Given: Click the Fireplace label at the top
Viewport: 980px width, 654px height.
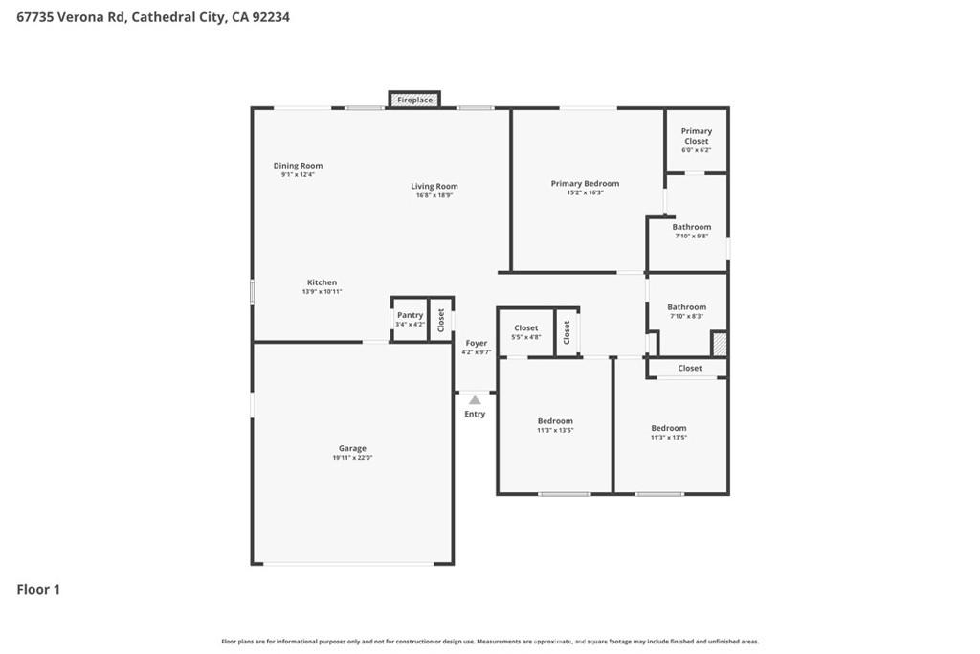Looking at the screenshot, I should click(414, 100).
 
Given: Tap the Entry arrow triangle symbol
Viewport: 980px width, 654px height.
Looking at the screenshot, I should click(475, 400).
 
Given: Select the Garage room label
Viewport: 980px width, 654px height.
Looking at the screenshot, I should click(352, 448).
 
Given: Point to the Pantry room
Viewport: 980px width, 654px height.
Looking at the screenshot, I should click(410, 319).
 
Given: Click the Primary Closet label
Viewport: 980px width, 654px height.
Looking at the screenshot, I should click(697, 136).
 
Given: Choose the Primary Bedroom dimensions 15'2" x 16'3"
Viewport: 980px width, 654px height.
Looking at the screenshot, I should click(585, 192).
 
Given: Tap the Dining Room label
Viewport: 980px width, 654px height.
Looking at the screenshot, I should click(298, 166).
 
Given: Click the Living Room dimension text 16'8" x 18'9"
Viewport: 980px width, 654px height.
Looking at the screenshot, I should click(434, 195).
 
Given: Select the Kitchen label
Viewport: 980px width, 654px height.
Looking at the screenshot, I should click(322, 282).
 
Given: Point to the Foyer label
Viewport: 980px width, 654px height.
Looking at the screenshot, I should click(477, 343).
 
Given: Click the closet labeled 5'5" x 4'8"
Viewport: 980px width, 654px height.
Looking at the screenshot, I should click(526, 332).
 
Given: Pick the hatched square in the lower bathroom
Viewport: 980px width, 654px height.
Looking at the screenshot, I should click(719, 344).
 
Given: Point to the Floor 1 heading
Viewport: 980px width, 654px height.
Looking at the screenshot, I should click(38, 589).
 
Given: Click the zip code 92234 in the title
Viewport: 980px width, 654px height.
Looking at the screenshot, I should click(270, 16).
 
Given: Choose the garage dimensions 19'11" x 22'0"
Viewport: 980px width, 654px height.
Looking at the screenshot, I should click(352, 458).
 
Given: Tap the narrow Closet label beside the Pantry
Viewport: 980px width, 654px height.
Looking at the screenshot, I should click(441, 321).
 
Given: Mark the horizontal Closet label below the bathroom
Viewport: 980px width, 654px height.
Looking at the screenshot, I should click(690, 368).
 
